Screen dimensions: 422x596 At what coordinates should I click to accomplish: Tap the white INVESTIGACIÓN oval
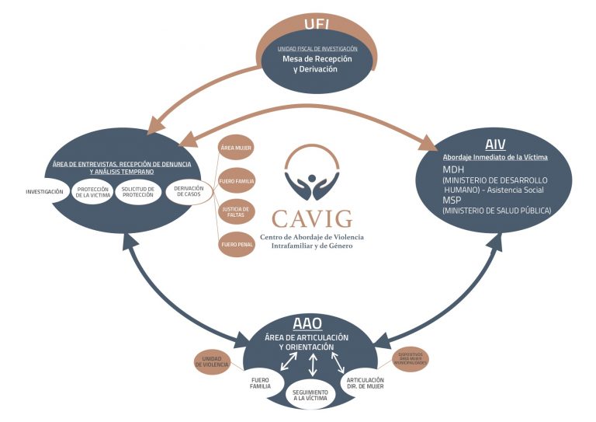[x=44, y=191]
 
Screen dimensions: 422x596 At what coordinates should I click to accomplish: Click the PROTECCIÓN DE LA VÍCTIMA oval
[x=92, y=191]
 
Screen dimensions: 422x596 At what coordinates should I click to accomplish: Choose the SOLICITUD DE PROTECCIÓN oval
[x=138, y=191]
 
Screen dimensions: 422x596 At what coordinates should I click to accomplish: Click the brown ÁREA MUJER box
[x=236, y=148]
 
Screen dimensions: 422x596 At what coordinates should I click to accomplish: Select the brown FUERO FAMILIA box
[x=236, y=181]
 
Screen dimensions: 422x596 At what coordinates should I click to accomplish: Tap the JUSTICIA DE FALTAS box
[x=236, y=212]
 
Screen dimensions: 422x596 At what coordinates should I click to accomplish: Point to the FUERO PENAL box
[x=236, y=244]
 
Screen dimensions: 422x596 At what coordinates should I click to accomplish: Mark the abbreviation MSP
[x=453, y=199]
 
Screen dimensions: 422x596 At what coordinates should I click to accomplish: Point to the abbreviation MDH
[x=454, y=169]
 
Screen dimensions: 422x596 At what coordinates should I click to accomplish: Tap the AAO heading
[x=307, y=324]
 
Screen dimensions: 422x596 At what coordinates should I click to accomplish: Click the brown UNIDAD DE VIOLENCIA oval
[x=212, y=360]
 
